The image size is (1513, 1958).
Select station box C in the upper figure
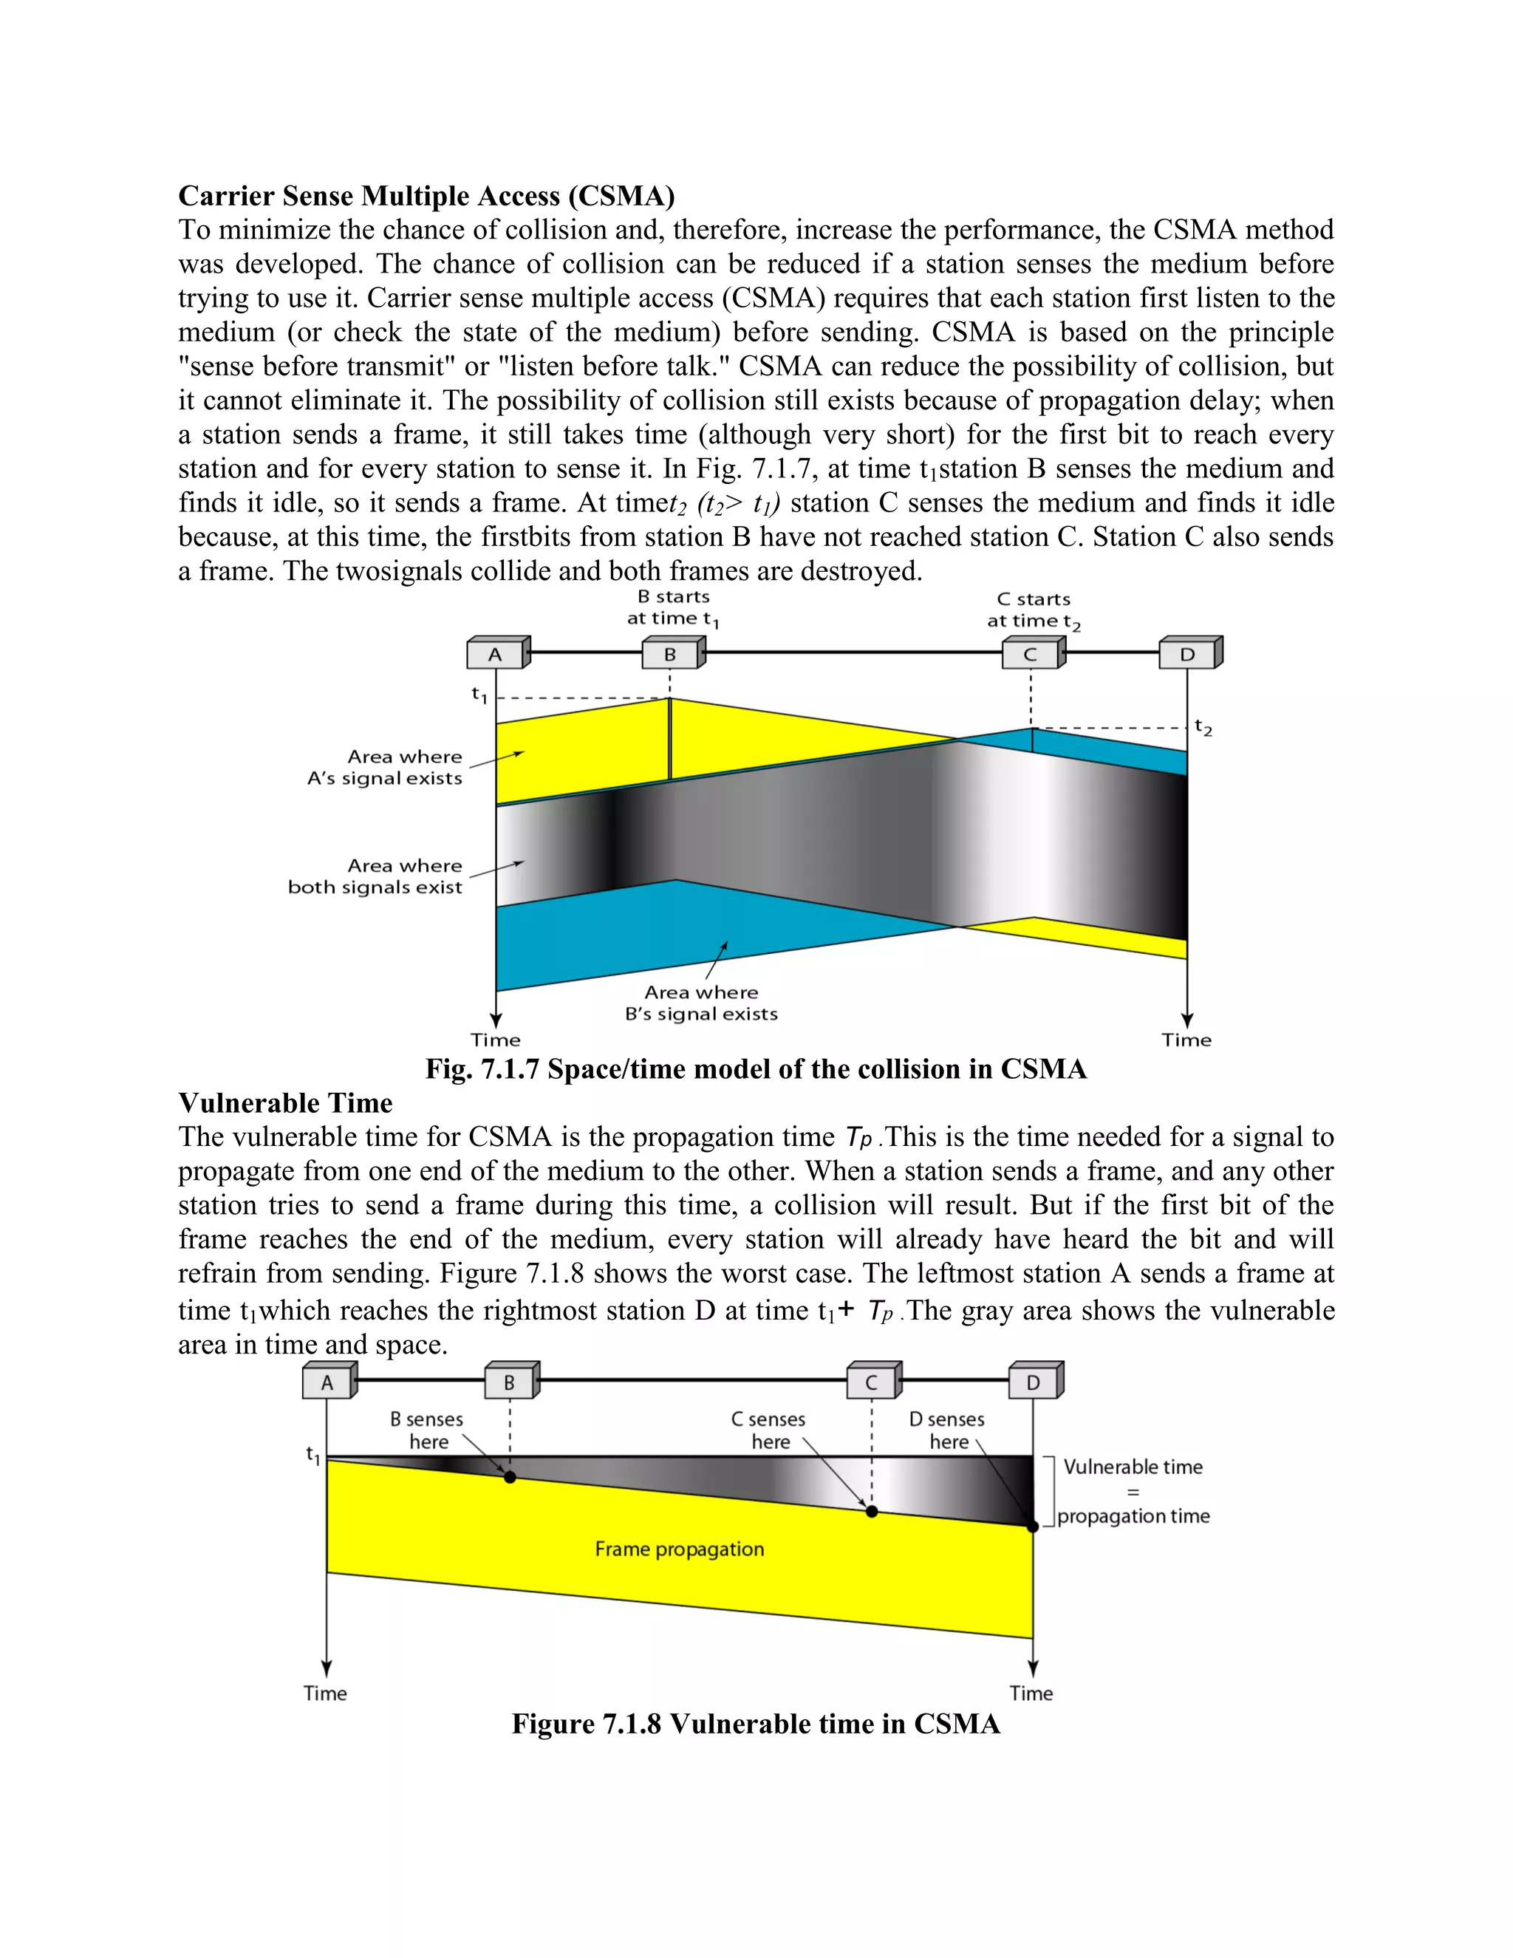point(1031,655)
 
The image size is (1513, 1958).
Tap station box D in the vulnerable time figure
point(1034,1383)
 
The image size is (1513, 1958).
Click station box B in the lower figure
point(510,1383)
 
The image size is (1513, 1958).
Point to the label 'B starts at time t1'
point(673,608)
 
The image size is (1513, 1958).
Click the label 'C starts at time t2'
point(1034,610)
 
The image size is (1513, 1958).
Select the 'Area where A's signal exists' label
point(386,768)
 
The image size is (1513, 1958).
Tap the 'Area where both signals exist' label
point(375,876)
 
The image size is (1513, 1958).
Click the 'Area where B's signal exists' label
point(701,1003)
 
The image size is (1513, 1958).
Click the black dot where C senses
point(872,1512)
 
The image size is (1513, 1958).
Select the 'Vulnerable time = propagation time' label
point(1133,1492)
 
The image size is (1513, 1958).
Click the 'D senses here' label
point(946,1430)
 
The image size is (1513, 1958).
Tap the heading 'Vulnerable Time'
point(285,1102)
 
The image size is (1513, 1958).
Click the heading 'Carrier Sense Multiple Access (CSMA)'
point(427,196)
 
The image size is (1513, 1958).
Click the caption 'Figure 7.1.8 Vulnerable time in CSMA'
point(756,1724)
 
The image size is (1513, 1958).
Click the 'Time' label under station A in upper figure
point(496,1040)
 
